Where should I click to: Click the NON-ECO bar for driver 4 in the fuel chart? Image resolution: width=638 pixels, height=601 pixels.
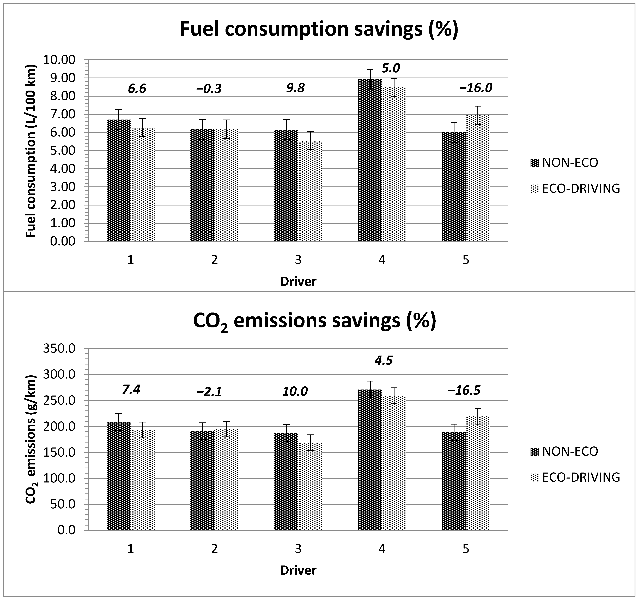tap(370, 161)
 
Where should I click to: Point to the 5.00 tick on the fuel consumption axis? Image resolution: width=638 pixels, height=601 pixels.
tap(63, 151)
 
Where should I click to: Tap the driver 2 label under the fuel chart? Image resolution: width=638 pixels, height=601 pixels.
tap(214, 260)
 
